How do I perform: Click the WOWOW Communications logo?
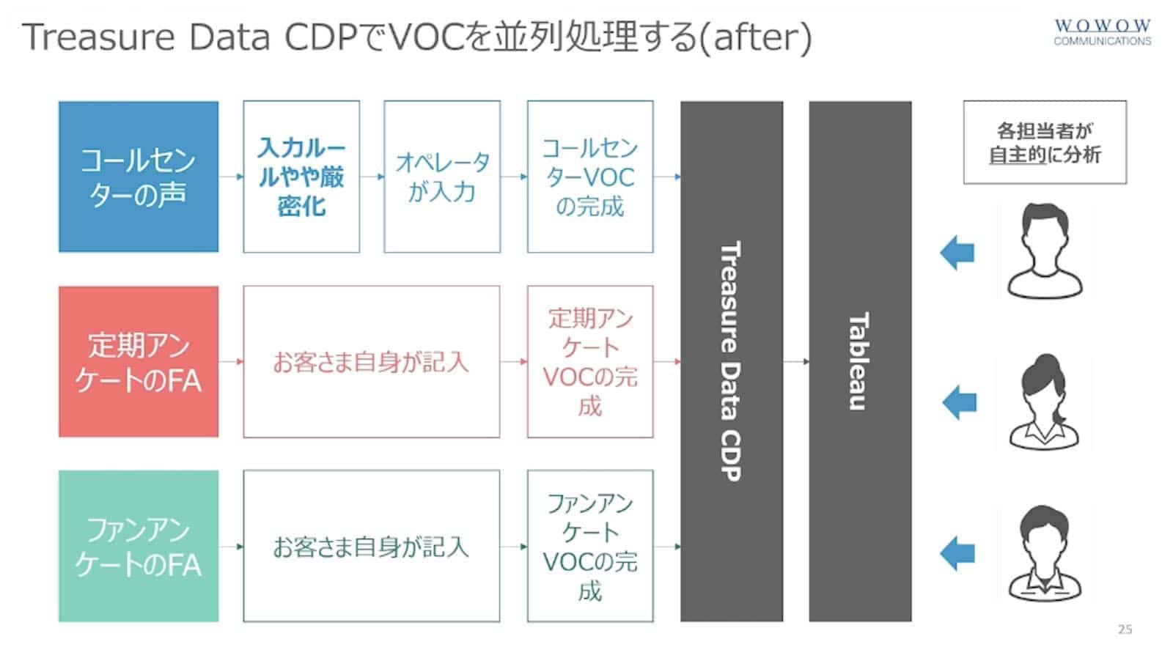1102,32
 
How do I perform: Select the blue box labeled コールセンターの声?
139,177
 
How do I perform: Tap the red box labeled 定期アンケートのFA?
139,361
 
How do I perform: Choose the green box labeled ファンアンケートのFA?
139,546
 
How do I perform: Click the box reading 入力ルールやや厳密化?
301,177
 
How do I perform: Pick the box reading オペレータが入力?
442,177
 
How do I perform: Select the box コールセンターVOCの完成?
590,177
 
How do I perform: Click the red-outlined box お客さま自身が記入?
371,361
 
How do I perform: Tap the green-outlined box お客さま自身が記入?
371,546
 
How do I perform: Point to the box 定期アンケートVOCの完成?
590,361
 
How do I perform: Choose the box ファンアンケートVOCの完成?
590,546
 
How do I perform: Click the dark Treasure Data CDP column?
732,361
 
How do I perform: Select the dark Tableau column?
860,361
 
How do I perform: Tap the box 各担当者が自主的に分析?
1045,142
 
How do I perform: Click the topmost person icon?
1045,251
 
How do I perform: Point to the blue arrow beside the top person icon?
957,253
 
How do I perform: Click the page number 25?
1125,629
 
